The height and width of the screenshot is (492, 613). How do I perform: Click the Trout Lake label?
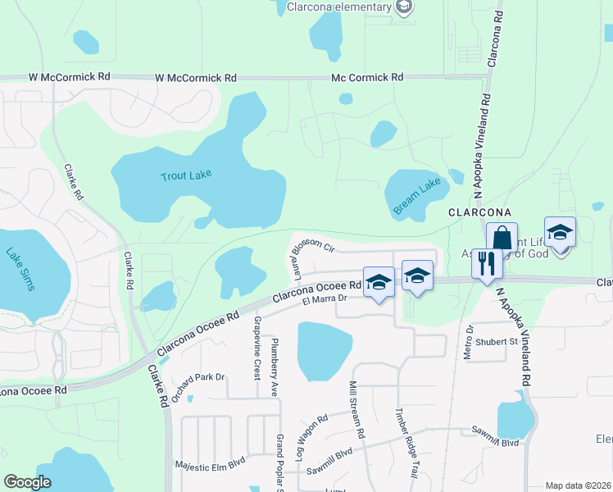[x=185, y=176]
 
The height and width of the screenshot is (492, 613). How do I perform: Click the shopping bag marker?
[x=501, y=239]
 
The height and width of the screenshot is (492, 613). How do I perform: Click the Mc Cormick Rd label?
[x=367, y=77]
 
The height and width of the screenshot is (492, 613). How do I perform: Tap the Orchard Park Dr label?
[x=199, y=377]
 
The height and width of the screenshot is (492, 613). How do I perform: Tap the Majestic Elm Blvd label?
[x=210, y=465]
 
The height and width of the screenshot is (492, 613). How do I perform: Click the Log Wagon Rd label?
[x=316, y=429]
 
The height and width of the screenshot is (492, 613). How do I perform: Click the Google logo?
[x=28, y=482]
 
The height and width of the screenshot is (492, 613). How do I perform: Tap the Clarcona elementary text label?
[x=340, y=7]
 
